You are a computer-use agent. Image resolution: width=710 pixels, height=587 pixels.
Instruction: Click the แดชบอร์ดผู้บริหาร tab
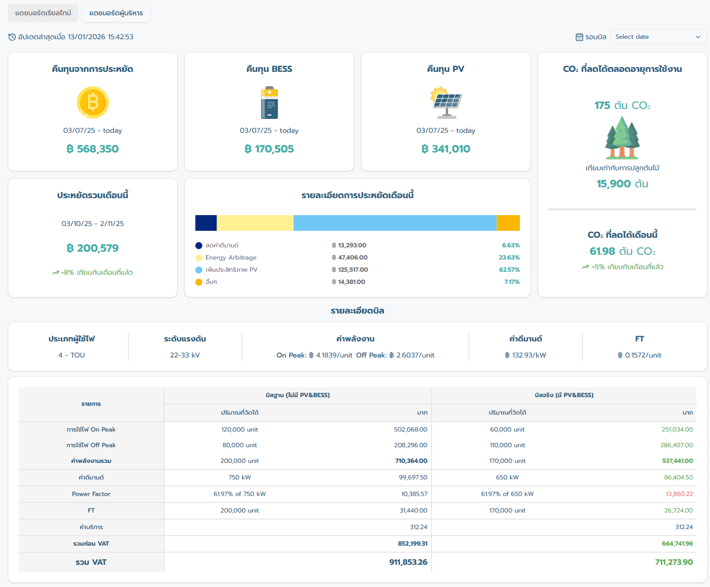[116, 13]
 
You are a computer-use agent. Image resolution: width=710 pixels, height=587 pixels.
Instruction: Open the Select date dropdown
[658, 37]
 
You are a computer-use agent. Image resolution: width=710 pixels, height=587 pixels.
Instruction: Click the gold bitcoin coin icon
[93, 102]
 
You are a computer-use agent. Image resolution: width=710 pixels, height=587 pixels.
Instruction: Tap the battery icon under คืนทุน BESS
[269, 103]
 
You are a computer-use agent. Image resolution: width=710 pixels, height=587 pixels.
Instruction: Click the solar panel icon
[446, 103]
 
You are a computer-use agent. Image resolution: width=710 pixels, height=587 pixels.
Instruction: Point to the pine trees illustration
[622, 138]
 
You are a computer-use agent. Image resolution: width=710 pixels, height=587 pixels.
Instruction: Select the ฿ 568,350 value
[93, 149]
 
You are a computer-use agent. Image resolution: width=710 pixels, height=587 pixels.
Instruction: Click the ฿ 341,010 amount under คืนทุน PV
[446, 149]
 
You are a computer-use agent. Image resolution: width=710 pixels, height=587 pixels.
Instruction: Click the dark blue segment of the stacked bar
[206, 223]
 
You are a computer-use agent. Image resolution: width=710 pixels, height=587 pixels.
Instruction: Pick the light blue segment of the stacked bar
[395, 223]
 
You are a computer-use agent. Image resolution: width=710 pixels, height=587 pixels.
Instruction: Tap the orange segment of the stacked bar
[508, 223]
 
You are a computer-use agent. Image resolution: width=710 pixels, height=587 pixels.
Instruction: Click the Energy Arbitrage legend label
[231, 258]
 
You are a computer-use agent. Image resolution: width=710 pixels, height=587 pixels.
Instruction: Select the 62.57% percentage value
[509, 270]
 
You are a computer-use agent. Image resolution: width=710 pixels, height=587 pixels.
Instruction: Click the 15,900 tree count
[614, 184]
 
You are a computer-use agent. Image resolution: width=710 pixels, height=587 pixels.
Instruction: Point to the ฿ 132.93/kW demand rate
[526, 355]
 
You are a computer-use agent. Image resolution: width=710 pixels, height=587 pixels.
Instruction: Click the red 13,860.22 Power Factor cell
[679, 494]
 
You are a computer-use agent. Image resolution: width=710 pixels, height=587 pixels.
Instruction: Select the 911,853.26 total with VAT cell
[408, 562]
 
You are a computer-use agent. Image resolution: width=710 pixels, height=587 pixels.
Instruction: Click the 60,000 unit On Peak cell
[507, 430]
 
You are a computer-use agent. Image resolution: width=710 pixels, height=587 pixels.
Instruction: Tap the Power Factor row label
[91, 494]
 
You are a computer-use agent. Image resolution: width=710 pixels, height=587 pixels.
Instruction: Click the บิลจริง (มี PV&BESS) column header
[564, 395]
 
